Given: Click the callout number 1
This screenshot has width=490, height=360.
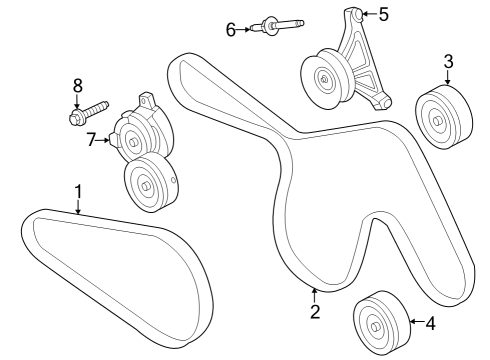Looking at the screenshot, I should click(77, 190).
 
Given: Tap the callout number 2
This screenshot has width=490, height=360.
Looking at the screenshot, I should click(315, 312).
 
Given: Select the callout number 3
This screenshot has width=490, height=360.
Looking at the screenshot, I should click(448, 60).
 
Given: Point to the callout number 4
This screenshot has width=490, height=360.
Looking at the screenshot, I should click(431, 323).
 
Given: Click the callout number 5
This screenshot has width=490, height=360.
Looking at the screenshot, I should click(382, 14).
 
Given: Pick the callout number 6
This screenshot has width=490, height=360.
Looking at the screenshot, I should click(231, 30).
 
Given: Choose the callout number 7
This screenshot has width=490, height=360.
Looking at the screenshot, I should click(90, 140).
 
